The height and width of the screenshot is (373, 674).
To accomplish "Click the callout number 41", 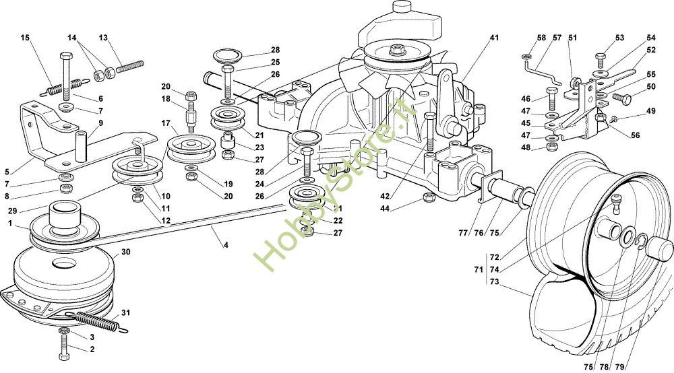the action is [494, 38].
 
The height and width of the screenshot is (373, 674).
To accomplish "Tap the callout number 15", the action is [25, 38].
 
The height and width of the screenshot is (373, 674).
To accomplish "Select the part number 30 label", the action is [125, 252].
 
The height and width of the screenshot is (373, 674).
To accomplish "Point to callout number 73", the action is [494, 281].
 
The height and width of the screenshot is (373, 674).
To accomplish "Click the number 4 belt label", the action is [226, 245].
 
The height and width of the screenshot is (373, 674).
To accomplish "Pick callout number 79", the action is [619, 367].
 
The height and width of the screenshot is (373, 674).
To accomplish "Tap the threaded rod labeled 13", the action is [130, 67].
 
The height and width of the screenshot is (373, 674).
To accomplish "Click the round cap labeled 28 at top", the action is [227, 55].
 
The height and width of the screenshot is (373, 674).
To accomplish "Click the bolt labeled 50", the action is [622, 98].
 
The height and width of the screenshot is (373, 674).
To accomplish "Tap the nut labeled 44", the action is [428, 197].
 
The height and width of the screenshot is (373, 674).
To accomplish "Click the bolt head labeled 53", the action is [601, 57].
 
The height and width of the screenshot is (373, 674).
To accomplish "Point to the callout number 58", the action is [542, 38].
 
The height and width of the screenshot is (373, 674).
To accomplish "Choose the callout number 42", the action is [385, 196].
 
